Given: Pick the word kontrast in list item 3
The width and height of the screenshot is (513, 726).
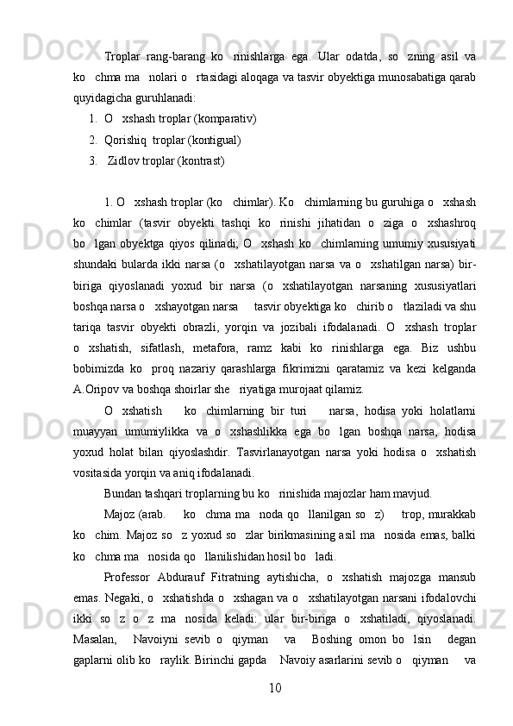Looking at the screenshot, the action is [x=200, y=161].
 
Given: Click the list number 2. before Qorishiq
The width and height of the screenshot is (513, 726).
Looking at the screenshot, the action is [x=92, y=140].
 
